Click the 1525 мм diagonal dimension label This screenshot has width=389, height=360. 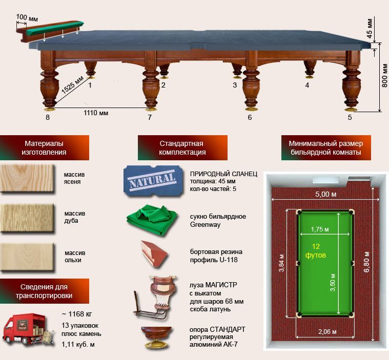[x=72, y=84]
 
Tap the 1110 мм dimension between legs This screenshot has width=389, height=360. [x=96, y=113]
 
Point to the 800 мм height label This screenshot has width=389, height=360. [x=384, y=75]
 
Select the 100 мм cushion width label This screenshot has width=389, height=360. [x=27, y=18]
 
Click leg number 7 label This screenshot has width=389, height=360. [x=150, y=117]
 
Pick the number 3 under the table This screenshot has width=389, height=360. [x=235, y=86]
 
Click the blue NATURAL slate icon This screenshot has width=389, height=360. [x=154, y=181]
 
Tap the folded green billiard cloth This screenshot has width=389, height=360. [x=152, y=220]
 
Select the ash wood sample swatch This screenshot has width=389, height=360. [x=27, y=178]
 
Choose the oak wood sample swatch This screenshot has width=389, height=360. [x=27, y=218]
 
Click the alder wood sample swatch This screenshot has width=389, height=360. [x=27, y=257]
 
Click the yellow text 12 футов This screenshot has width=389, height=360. [x=316, y=250]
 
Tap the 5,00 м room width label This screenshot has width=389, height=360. [x=326, y=194]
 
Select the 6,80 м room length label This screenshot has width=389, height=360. [x=366, y=262]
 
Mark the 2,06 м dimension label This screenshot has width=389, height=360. [x=327, y=331]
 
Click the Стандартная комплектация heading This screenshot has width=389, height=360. [x=182, y=148]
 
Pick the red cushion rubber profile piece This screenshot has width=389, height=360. [x=154, y=254]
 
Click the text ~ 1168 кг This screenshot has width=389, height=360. [x=77, y=314]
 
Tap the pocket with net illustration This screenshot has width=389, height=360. [x=156, y=297]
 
